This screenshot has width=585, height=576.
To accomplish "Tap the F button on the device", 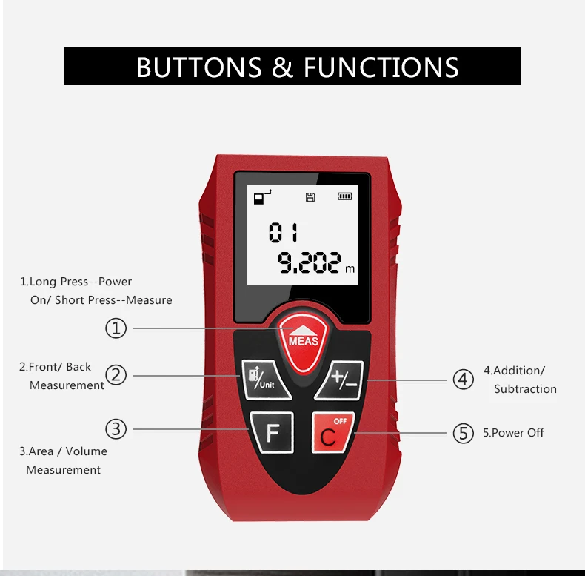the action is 272,432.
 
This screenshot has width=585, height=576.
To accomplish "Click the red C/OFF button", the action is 332,432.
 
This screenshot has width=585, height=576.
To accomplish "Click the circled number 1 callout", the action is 116,328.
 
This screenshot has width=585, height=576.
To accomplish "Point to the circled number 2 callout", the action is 116,375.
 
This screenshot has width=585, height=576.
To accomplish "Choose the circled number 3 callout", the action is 116,428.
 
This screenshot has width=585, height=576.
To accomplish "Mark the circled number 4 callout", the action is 463,380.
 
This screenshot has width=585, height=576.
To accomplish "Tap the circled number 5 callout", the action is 463,433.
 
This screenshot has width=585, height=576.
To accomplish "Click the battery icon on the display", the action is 345,196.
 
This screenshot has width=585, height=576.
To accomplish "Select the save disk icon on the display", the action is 310,196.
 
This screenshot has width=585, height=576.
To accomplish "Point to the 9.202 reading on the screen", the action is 310,262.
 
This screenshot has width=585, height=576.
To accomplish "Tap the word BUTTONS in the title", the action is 199,67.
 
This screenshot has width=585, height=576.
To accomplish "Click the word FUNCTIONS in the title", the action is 381,67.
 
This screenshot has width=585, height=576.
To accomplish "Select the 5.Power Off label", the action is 513,433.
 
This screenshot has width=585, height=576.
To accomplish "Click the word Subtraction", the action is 525,389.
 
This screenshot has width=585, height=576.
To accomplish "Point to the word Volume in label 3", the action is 87,451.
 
